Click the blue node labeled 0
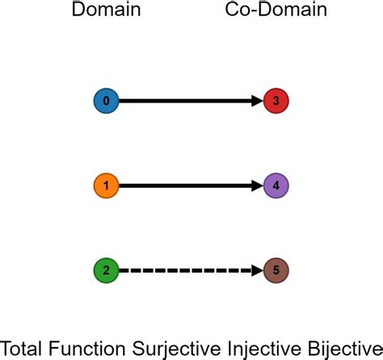107,101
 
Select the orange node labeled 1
107,186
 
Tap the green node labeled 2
107,270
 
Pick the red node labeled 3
276,101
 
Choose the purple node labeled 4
276,186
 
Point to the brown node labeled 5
276,270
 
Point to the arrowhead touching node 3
256,101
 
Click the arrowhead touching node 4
256,186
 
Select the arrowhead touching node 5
256,270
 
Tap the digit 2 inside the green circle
107,270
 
